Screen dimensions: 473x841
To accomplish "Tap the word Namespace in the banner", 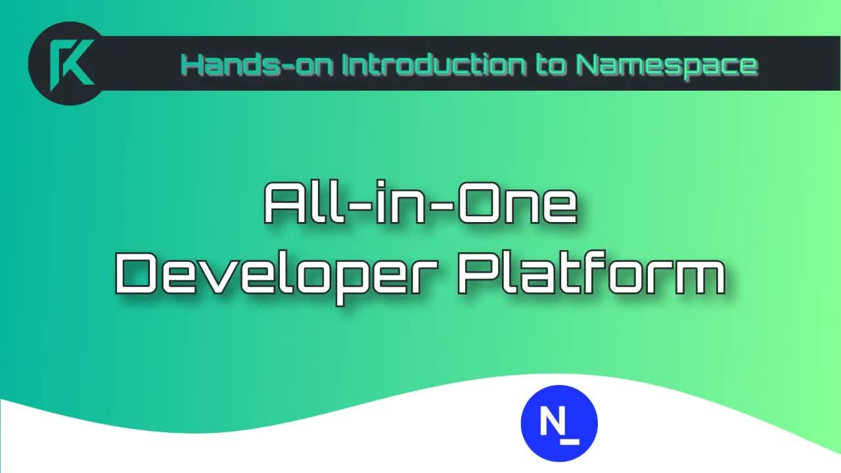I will pos(666,64).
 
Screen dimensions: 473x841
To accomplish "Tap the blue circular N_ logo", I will pos(559,423).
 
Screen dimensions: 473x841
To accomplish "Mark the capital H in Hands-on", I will pos(192,64).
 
